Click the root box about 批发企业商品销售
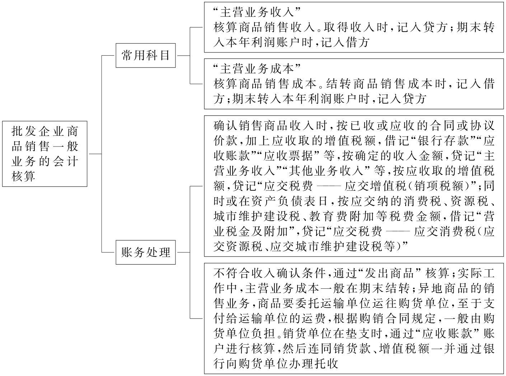pyautogui.click(x=44, y=154)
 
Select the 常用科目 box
pyautogui.click(x=145, y=56)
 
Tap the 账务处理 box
pyautogui.click(x=145, y=252)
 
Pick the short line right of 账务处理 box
pyautogui.click(x=183, y=252)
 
